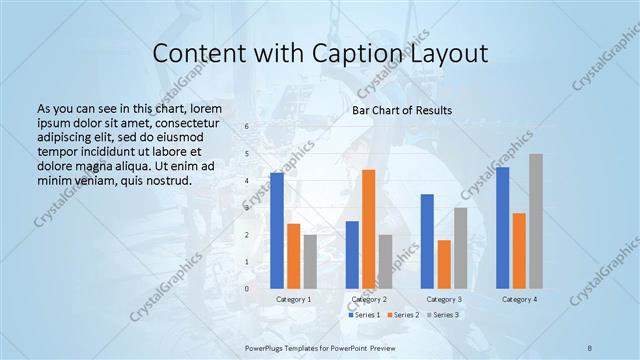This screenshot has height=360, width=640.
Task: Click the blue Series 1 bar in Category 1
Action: click(277, 230)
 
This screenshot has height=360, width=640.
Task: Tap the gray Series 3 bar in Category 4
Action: click(536, 221)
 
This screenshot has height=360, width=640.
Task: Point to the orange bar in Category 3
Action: click(444, 264)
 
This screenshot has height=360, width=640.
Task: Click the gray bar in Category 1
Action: click(310, 261)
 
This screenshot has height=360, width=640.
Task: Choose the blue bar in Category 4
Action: click(503, 227)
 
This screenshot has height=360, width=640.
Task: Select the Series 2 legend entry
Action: click(402, 315)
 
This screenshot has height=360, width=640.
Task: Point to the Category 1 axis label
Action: click(293, 299)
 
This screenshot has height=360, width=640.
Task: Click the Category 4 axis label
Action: click(519, 299)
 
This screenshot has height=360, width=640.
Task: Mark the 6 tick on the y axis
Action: click(247, 126)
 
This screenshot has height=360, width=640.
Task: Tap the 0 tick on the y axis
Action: click(247, 288)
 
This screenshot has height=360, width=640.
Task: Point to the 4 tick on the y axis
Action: click(247, 180)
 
